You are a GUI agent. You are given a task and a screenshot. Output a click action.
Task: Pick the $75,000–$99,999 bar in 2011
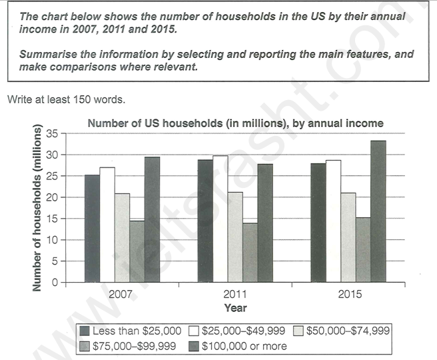(x=249, y=253)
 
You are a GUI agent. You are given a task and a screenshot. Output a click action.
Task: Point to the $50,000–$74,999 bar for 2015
(x=348, y=237)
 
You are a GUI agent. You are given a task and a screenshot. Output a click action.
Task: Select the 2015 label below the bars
(x=348, y=295)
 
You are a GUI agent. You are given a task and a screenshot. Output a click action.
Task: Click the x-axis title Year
(x=234, y=308)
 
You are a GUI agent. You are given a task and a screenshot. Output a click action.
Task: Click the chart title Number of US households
(x=235, y=123)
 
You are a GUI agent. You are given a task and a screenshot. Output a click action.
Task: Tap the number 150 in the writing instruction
(x=89, y=99)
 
